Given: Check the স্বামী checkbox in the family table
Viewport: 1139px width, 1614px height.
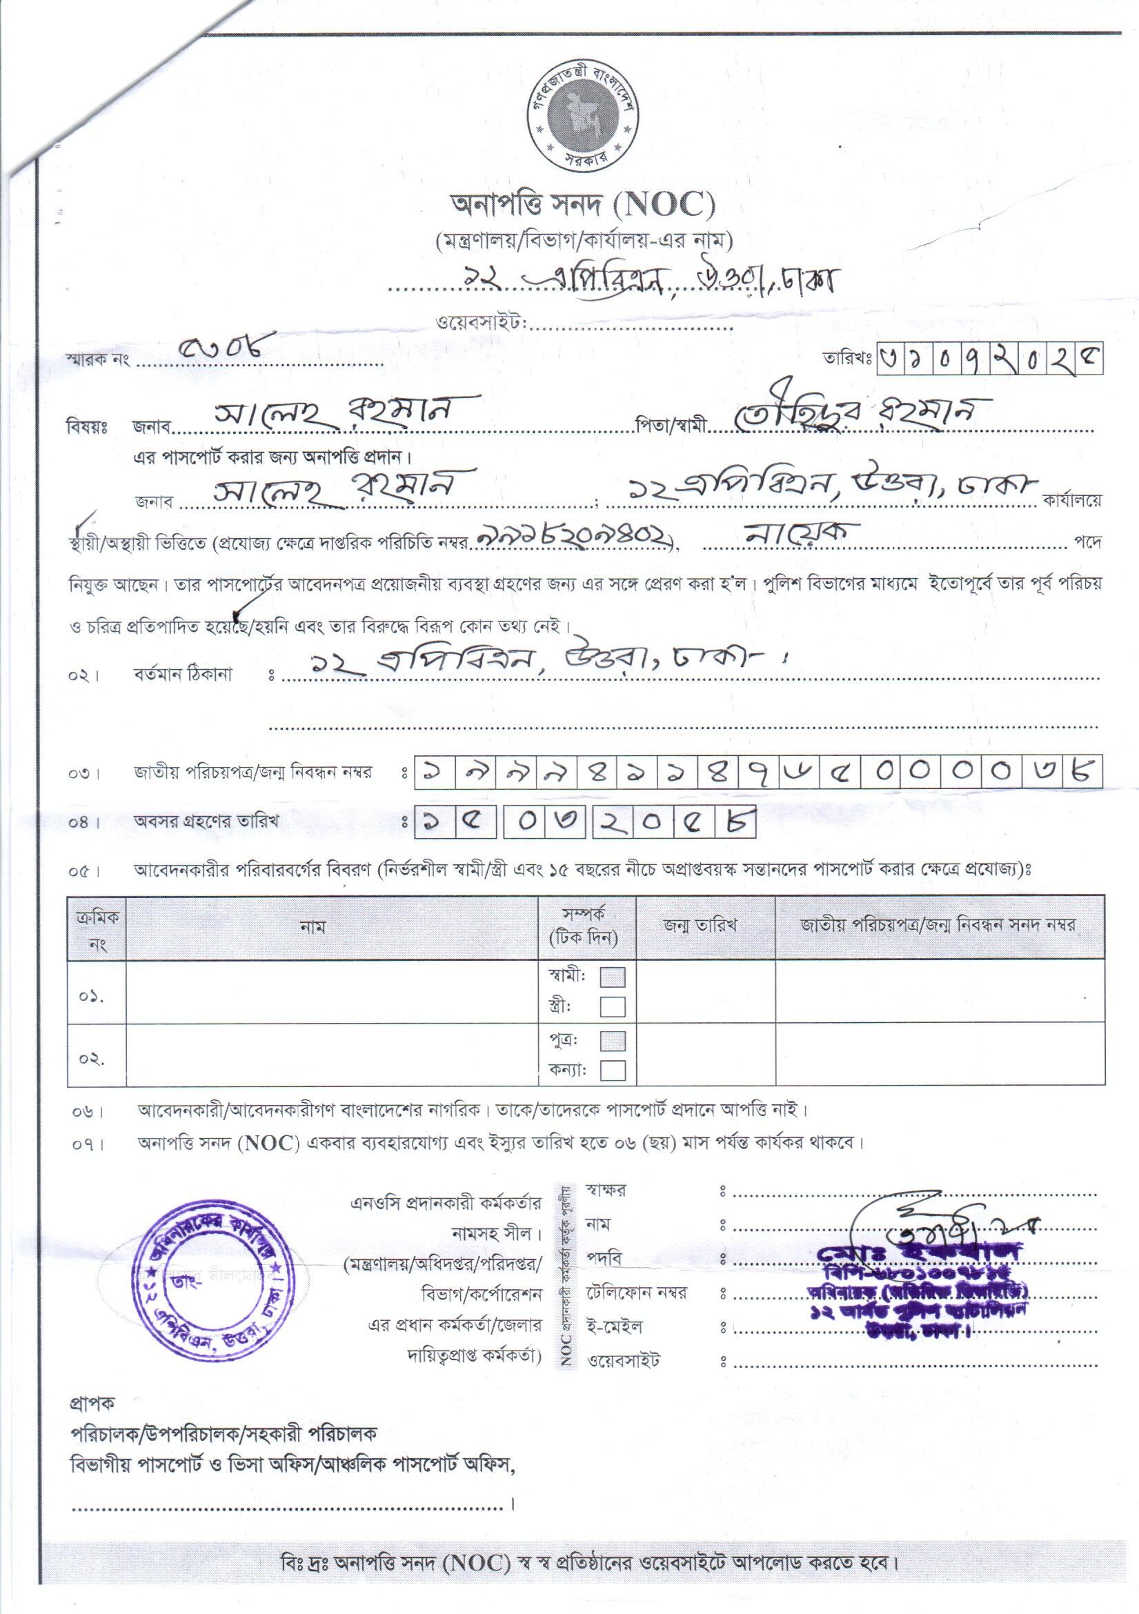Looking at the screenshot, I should click(613, 977).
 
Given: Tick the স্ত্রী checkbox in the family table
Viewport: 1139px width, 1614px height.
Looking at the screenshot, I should click(613, 1006).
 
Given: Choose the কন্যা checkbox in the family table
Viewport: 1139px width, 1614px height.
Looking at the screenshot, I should click(613, 1070).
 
